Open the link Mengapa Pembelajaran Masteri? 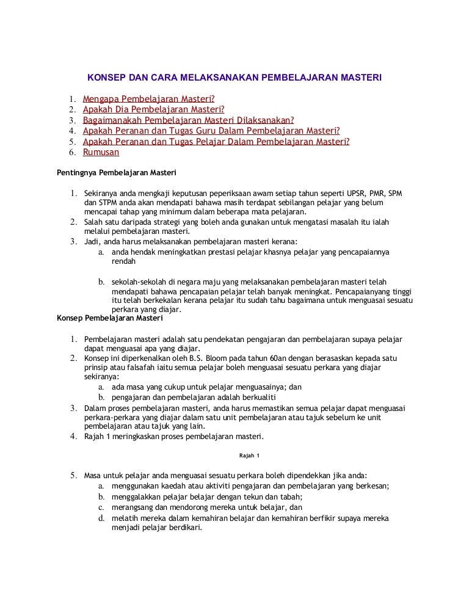click(149, 99)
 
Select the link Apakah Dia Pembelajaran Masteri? click(153, 109)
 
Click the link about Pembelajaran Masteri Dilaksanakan click(188, 120)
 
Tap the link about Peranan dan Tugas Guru click(211, 131)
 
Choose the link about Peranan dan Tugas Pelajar click(216, 142)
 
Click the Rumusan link click(101, 152)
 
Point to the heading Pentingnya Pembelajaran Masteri click(117, 172)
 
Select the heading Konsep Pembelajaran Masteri click(109, 318)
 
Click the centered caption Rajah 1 click(249, 456)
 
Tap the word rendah click(124, 261)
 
